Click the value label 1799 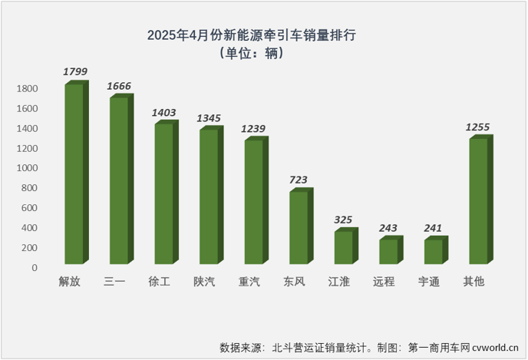coord(76,71)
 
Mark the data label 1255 coord(477,127)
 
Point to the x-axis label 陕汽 coord(205,282)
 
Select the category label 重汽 coord(249,282)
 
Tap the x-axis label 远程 coord(384,282)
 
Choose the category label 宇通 coord(429,282)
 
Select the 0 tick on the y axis coord(35,268)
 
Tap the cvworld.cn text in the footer coord(497,347)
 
